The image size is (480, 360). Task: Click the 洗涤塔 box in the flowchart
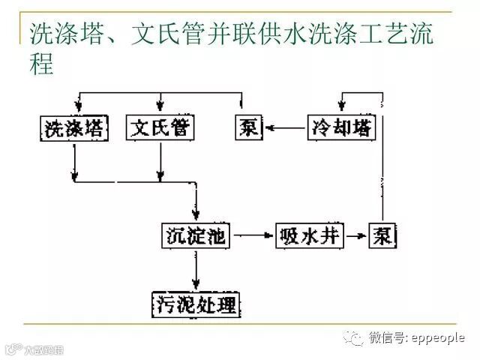[73, 128]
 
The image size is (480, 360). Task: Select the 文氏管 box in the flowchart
[160, 128]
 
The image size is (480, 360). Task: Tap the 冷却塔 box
[341, 128]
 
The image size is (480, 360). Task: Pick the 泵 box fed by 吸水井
[382, 237]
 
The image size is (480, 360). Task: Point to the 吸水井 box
[308, 237]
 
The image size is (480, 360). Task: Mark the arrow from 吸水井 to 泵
[355, 237]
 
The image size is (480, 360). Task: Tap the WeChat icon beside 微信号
[353, 339]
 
